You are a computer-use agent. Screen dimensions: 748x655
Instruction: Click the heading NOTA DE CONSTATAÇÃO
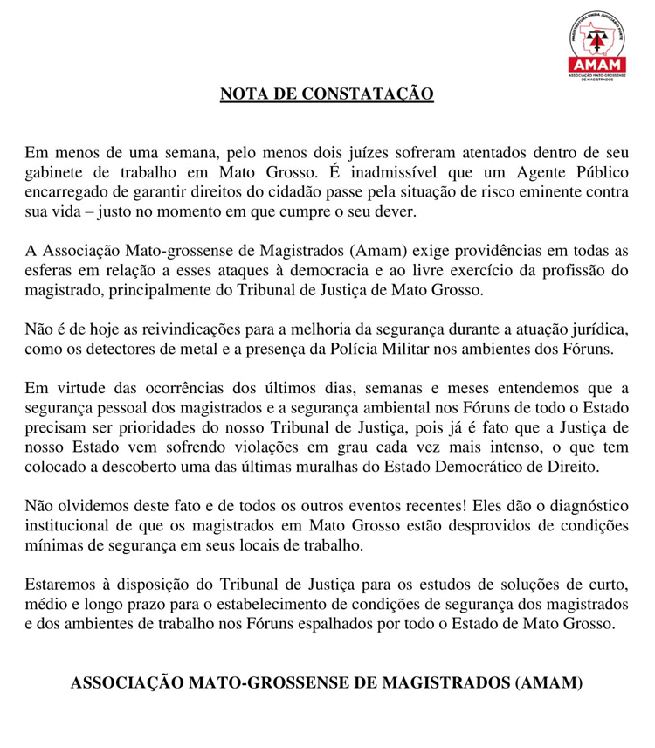coord(327,93)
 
